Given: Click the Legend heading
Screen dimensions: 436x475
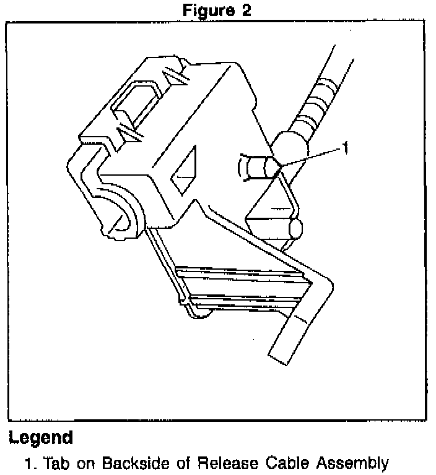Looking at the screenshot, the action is (41, 439).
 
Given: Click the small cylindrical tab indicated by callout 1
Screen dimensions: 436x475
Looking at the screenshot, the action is (255, 167).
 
